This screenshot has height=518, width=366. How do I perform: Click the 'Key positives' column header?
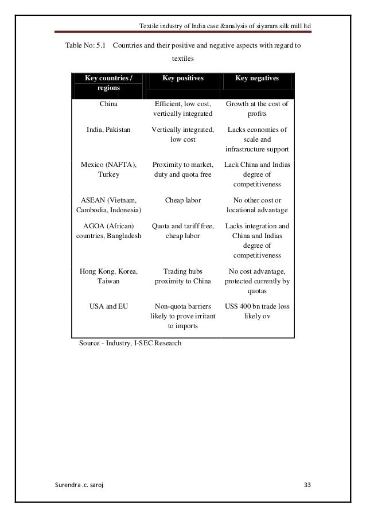[183, 78]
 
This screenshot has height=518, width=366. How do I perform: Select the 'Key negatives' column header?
[257, 78]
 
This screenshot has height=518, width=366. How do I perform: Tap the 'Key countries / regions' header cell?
[108, 83]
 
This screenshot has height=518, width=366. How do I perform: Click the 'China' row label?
[108, 104]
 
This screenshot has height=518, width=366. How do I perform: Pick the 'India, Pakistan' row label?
[108, 130]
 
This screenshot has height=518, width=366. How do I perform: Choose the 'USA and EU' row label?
[108, 306]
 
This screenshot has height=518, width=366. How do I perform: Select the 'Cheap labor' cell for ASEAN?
[183, 200]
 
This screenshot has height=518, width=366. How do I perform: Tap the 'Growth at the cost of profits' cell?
[258, 109]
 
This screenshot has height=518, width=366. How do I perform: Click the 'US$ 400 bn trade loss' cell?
[258, 311]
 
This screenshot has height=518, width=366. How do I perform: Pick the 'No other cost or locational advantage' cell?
[258, 205]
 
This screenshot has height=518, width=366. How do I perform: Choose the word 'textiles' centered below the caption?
[183, 59]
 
